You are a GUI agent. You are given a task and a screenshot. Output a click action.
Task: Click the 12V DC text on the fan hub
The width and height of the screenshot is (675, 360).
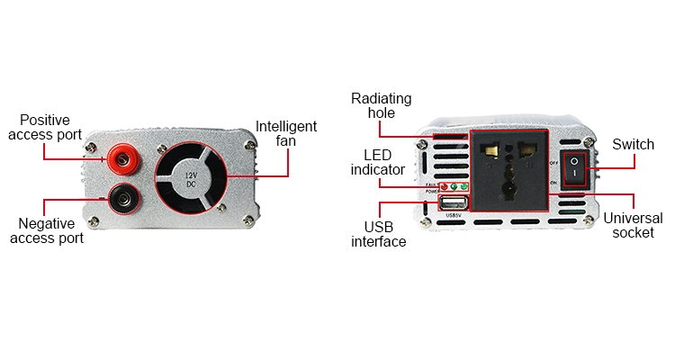[x=191, y=177]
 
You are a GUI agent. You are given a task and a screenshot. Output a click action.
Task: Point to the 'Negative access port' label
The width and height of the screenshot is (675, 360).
[x=51, y=230]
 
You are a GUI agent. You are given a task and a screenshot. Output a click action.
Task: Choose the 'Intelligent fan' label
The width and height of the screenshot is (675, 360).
[x=286, y=133]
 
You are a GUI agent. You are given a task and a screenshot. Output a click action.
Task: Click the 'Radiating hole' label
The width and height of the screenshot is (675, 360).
[x=381, y=105]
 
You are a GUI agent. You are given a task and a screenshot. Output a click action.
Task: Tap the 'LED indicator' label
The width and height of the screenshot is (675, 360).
[x=378, y=161]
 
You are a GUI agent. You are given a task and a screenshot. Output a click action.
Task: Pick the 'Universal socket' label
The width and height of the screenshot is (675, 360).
[x=633, y=226]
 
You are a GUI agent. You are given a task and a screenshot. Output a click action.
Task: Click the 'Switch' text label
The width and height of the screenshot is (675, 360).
[x=633, y=144]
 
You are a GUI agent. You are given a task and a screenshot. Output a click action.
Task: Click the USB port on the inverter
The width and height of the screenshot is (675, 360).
[x=452, y=202]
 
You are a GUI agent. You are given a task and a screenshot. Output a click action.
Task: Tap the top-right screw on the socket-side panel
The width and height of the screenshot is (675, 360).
[x=588, y=143]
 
